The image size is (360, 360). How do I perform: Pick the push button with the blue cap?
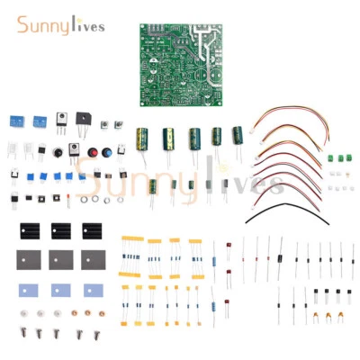click(106, 149)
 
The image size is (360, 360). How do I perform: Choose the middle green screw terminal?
click(341, 158)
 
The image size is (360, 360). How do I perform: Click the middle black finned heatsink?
click(61, 229)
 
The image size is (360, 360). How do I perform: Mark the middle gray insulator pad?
click(61, 260)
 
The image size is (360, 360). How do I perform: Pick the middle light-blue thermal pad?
click(60, 290)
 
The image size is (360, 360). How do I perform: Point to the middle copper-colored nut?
click(85, 313)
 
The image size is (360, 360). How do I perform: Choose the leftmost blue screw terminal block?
click(16, 120)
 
